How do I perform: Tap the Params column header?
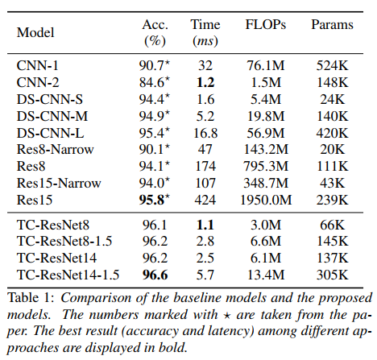pyautogui.click(x=332, y=25)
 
